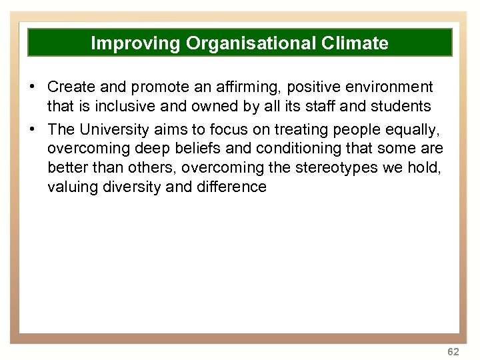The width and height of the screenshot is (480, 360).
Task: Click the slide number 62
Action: click(453, 351)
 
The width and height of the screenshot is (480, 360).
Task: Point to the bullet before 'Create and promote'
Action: click(31, 87)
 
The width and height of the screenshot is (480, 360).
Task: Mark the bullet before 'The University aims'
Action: click(31, 129)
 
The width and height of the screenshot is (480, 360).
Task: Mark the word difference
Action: click(231, 187)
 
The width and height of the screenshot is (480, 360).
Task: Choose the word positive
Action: click(304, 87)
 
